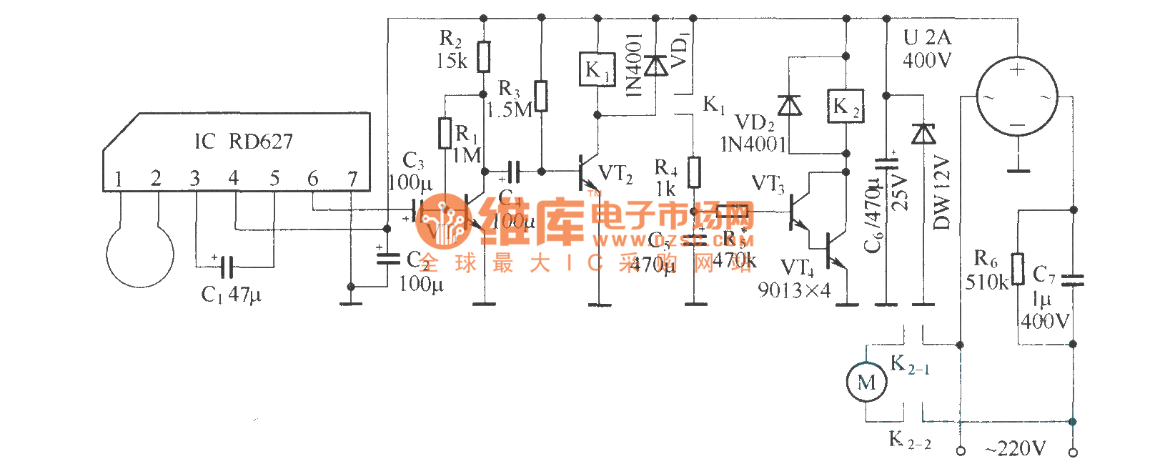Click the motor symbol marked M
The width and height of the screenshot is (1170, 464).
866,382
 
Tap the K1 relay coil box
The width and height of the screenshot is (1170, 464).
597,69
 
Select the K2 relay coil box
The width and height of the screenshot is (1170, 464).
845,107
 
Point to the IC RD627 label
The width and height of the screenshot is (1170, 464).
244,141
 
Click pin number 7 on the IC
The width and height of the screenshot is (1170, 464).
352,179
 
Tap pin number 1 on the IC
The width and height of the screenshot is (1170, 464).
119,179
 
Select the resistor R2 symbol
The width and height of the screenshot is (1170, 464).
484,56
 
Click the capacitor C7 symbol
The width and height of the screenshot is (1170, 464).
1073,280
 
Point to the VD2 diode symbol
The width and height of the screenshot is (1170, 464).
789,106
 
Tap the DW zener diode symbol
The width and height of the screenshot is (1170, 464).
923,134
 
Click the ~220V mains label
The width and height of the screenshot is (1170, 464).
1015,449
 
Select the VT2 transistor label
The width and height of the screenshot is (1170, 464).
615,174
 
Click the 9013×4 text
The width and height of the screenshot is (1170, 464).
794,290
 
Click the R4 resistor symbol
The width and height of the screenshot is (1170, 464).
694,172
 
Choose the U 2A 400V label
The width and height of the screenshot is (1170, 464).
927,49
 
